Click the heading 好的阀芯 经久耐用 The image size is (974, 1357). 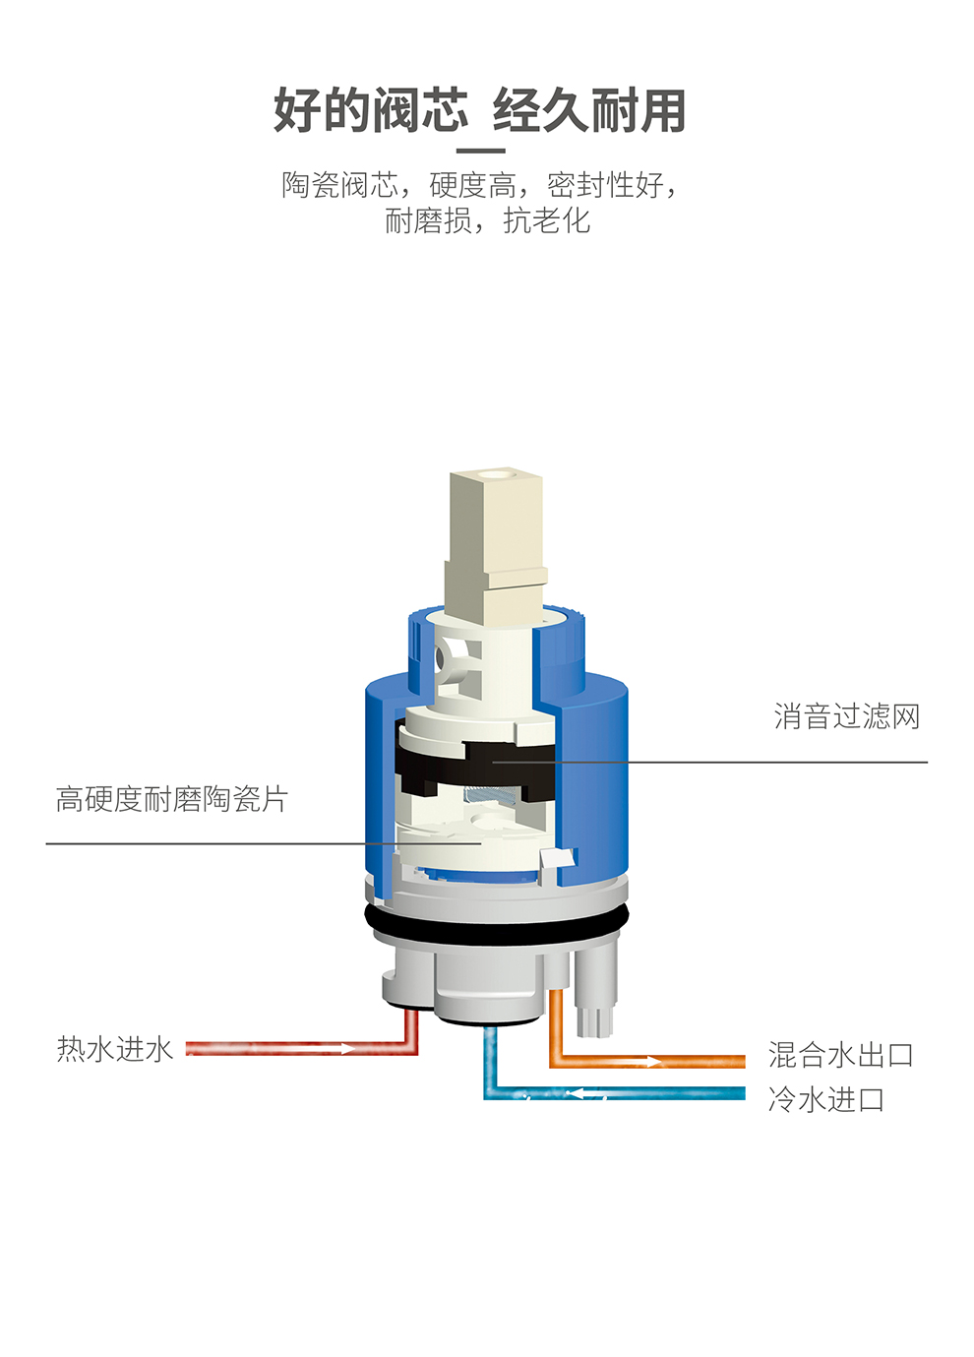click(x=480, y=110)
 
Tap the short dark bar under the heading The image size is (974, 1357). click(x=480, y=151)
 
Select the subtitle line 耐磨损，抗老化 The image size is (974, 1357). click(x=487, y=220)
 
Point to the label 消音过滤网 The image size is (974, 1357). click(x=846, y=716)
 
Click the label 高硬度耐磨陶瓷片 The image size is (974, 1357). click(x=172, y=799)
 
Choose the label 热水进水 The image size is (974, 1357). click(x=115, y=1049)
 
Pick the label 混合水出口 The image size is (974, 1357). click(x=841, y=1055)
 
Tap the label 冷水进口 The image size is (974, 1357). click(x=826, y=1099)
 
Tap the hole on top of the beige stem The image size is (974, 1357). click(x=497, y=473)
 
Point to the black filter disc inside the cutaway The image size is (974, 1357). click(x=475, y=766)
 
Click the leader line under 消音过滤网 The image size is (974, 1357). click(x=709, y=762)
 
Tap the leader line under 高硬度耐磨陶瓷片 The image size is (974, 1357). click(x=264, y=843)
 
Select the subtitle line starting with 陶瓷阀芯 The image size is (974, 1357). click(x=480, y=185)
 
